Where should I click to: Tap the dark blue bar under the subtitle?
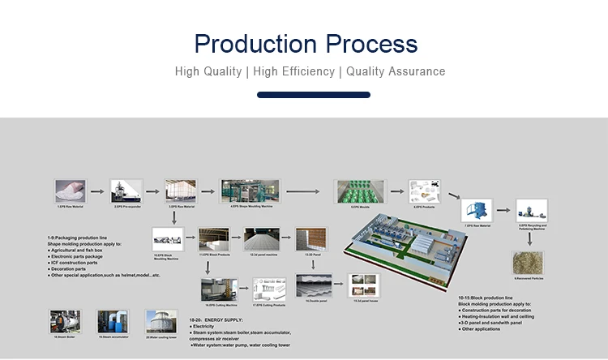[x=313, y=95]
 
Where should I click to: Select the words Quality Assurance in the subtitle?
[x=396, y=71]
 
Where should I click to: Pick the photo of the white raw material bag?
[x=70, y=191]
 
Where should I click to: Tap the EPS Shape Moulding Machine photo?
[x=250, y=191]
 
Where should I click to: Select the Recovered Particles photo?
[x=529, y=262]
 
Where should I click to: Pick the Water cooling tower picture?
[x=160, y=321]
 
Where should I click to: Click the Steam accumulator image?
[x=113, y=321]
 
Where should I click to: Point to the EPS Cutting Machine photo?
[x=219, y=289]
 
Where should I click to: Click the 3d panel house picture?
[x=362, y=286]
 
